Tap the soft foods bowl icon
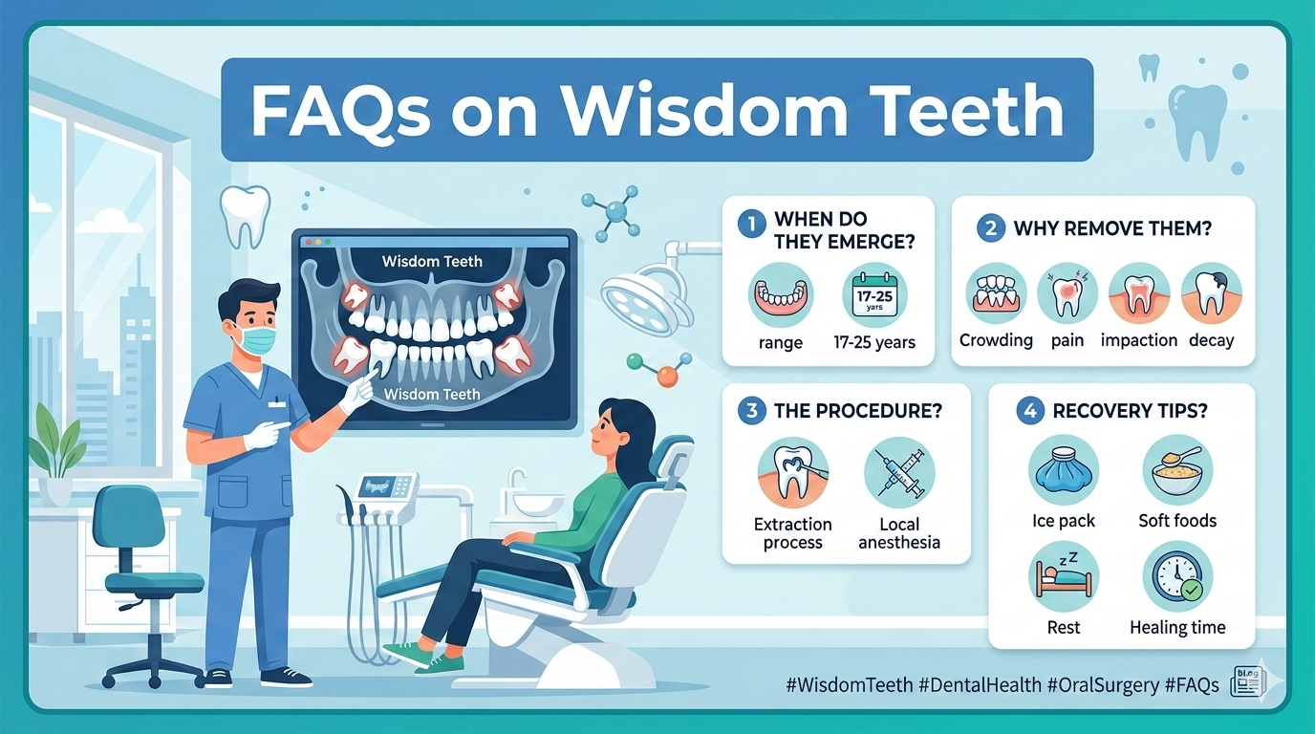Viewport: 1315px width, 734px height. click(x=1177, y=469)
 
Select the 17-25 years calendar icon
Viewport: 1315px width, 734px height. click(x=875, y=295)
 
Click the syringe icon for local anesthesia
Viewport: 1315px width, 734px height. click(x=898, y=474)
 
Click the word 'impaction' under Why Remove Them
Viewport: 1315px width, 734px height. click(x=1139, y=340)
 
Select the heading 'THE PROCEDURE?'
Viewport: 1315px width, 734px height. click(x=857, y=411)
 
